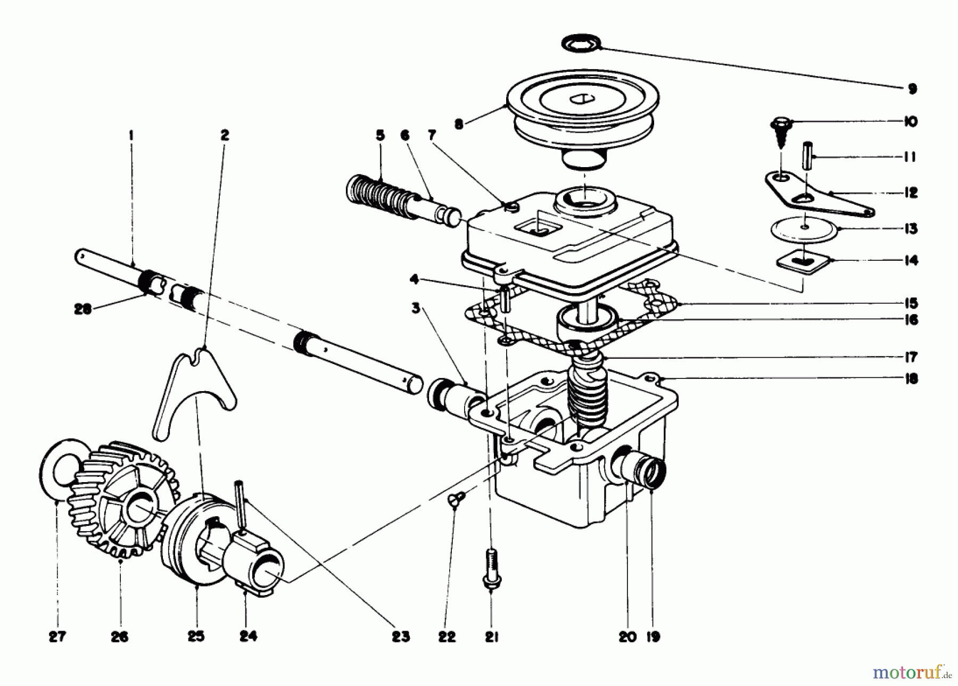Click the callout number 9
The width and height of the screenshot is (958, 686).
click(x=912, y=89)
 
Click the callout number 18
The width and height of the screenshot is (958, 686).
click(x=911, y=379)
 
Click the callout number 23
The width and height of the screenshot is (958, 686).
click(x=400, y=637)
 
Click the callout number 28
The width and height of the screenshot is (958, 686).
click(x=83, y=309)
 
